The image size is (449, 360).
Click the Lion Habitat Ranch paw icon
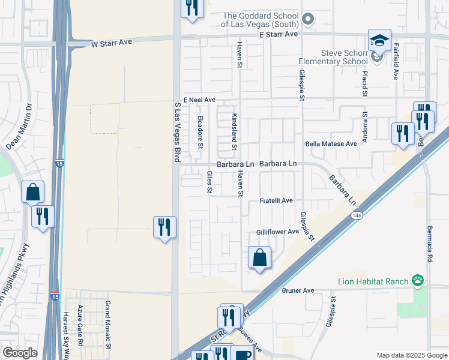point(418,280)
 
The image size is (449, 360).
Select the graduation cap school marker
point(379,40)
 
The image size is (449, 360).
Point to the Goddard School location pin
point(308,19)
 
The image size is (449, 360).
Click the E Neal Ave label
point(199,100)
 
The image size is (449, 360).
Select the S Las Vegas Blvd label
point(177,132)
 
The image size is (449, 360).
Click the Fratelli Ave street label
point(276,200)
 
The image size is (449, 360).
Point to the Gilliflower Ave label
point(277,232)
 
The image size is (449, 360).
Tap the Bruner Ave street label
point(298,290)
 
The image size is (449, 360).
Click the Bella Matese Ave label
point(331,144)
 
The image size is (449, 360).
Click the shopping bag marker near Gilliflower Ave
point(259,258)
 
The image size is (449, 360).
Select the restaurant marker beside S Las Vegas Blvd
point(164,227)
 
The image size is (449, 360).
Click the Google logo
point(20,353)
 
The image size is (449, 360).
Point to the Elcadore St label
point(200,132)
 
